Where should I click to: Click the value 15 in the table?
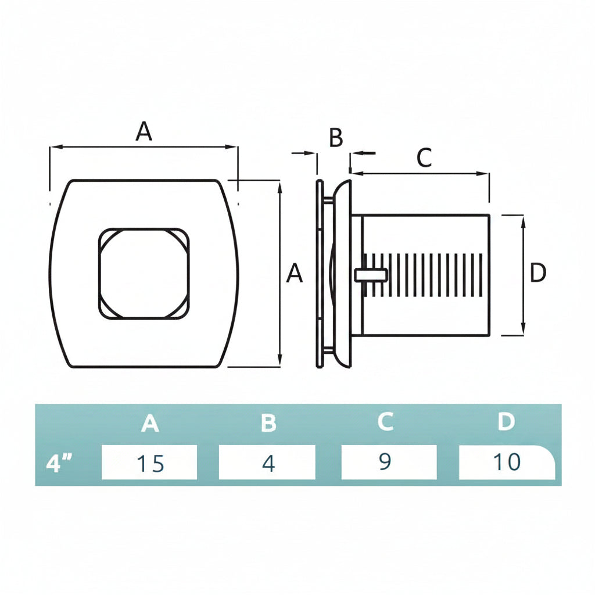pyautogui.click(x=150, y=463)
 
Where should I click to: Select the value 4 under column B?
pyautogui.click(x=268, y=463)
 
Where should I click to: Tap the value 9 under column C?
pyautogui.click(x=385, y=461)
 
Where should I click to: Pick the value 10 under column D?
pyautogui.click(x=507, y=462)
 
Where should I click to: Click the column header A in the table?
pyautogui.click(x=150, y=423)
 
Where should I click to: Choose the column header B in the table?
pyautogui.click(x=268, y=423)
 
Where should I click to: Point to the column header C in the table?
pyautogui.click(x=386, y=421)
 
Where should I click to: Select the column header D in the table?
pyautogui.click(x=506, y=421)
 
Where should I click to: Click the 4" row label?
pyautogui.click(x=59, y=463)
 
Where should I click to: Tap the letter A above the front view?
pyautogui.click(x=144, y=131)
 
